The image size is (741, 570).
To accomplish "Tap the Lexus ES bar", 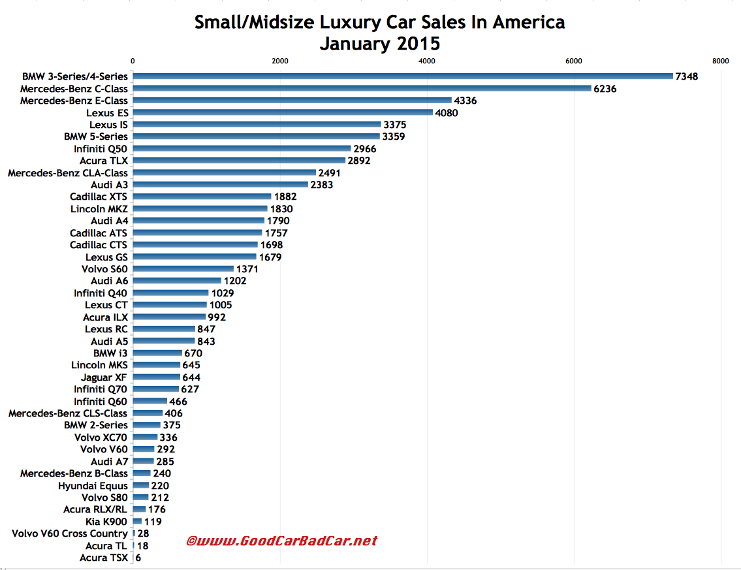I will pyautogui.click(x=283, y=112).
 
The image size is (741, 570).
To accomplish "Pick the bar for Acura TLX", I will pyautogui.click(x=239, y=161).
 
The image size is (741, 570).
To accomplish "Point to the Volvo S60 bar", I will pyautogui.click(x=183, y=269).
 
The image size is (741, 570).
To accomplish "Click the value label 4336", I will pyautogui.click(x=467, y=101).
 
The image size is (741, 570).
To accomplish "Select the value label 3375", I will pyautogui.click(x=397, y=125).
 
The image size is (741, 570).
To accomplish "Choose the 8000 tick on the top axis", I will pyautogui.click(x=721, y=61).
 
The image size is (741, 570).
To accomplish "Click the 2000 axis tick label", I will pyautogui.click(x=279, y=61).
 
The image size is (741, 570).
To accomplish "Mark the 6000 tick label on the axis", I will pyautogui.click(x=574, y=61).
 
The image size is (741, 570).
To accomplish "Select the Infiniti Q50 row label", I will pyautogui.click(x=101, y=149).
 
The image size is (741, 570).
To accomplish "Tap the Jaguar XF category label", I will pyautogui.click(x=104, y=377).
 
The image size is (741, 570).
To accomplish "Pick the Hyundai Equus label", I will pyautogui.click(x=93, y=486).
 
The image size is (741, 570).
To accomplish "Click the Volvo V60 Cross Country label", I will pyautogui.click(x=70, y=533).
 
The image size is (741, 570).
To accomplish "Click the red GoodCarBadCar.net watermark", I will pyautogui.click(x=282, y=541).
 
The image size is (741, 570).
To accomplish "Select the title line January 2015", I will pyautogui.click(x=379, y=44).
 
